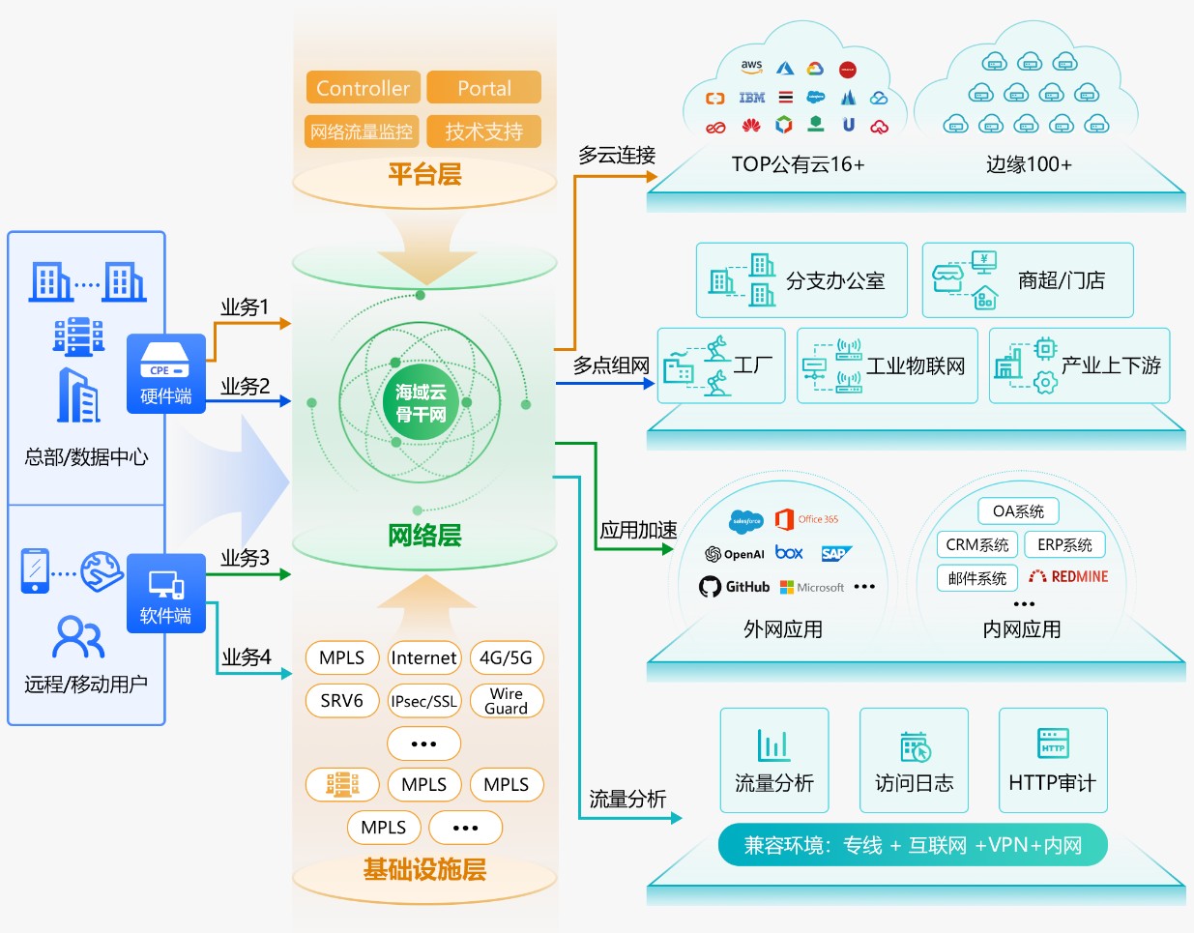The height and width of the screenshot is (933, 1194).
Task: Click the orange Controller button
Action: pyautogui.click(x=363, y=88)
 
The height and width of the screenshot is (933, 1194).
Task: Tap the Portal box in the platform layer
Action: pyautogui.click(x=483, y=88)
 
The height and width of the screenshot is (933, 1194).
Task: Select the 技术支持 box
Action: pyautogui.click(x=483, y=131)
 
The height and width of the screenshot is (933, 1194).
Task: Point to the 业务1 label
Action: pyautogui.click(x=245, y=307)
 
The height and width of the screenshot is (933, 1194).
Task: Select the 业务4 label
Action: pyautogui.click(x=247, y=657)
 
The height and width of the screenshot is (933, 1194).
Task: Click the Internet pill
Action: pyautogui.click(x=423, y=658)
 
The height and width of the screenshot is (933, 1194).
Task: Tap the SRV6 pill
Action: pyautogui.click(x=341, y=701)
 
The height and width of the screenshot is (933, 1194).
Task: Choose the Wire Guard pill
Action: pyautogui.click(x=506, y=701)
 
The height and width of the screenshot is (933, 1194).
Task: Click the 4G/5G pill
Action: pyautogui.click(x=506, y=658)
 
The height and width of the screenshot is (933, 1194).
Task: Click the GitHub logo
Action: pyautogui.click(x=735, y=587)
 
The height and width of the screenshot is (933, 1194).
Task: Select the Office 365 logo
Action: pyautogui.click(x=806, y=519)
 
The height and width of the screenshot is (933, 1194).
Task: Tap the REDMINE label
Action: pyautogui.click(x=1068, y=577)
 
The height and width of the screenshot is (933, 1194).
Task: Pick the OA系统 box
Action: pyautogui.click(x=1018, y=511)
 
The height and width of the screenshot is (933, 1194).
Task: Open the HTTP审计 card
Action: pyautogui.click(x=1053, y=761)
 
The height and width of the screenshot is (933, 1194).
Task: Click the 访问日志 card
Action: pyautogui.click(x=914, y=761)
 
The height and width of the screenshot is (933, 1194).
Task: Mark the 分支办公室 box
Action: pyautogui.click(x=801, y=280)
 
